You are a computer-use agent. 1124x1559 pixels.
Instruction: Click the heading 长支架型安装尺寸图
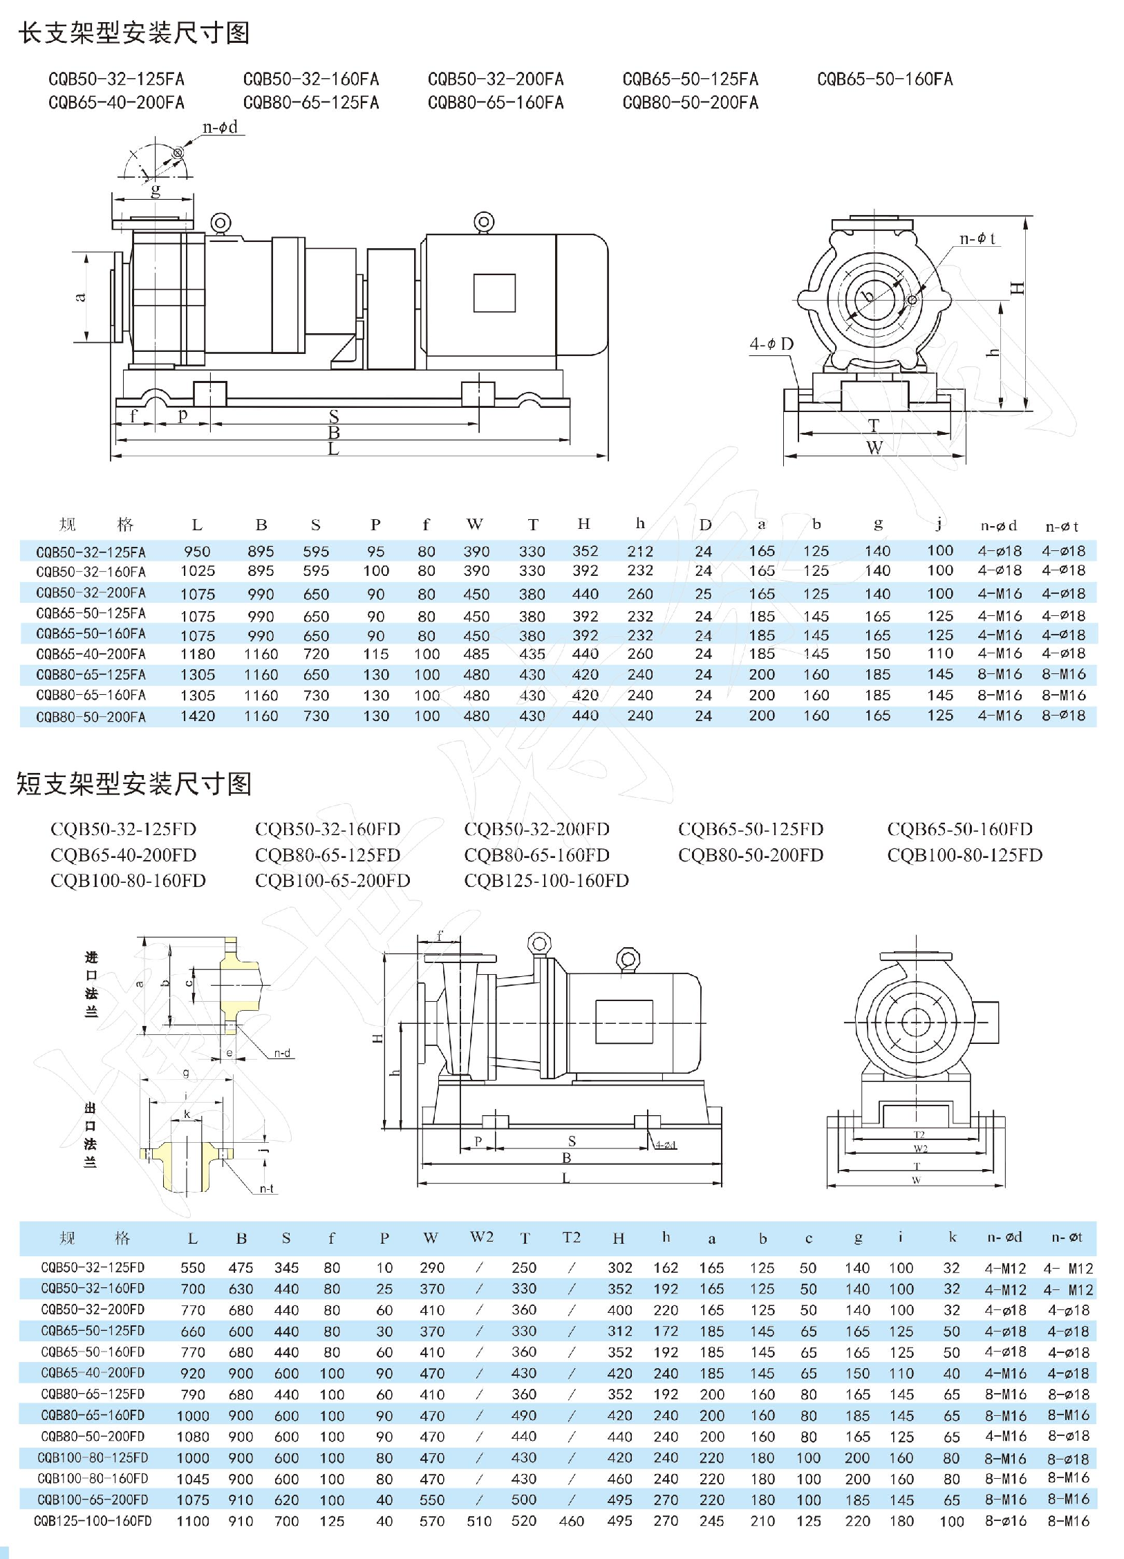(x=134, y=32)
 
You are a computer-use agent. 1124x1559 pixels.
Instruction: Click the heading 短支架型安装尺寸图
(x=134, y=783)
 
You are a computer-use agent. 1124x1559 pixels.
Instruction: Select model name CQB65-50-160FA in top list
(x=885, y=80)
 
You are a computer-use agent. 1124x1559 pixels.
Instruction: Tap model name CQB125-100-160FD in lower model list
(x=546, y=881)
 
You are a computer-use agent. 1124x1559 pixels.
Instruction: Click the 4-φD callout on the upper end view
(x=771, y=344)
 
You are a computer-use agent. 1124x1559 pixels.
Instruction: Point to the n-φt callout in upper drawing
(x=977, y=239)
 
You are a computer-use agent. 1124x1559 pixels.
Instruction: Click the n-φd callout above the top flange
(x=220, y=127)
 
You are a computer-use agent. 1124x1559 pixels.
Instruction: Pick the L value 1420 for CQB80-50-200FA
(x=198, y=716)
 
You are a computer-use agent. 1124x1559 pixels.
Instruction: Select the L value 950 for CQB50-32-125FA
(x=197, y=552)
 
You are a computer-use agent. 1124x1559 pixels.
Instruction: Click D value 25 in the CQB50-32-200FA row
(x=704, y=594)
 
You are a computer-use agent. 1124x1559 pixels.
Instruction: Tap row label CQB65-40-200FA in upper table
(x=91, y=654)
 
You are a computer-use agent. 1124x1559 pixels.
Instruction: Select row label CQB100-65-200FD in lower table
(x=93, y=1500)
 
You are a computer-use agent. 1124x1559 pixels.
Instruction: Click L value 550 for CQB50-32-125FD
(x=193, y=1268)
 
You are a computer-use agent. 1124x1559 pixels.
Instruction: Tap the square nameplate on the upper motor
(x=494, y=293)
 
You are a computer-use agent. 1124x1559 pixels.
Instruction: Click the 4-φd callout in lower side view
(x=666, y=1145)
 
